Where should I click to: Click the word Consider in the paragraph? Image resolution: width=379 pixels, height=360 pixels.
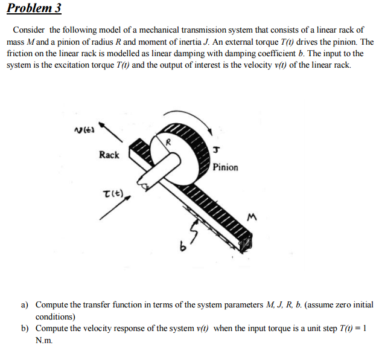(29, 30)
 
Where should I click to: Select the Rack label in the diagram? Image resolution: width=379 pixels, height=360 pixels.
(109, 155)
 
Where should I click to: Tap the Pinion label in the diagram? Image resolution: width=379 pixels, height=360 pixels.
(225, 167)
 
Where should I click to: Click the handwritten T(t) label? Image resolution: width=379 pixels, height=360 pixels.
(113, 194)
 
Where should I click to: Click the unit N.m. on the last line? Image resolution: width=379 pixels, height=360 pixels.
(44, 339)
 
